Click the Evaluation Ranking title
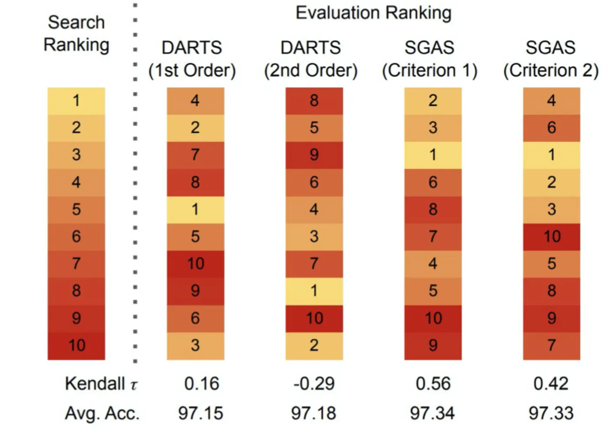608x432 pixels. pyautogui.click(x=373, y=13)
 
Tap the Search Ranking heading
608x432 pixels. pyautogui.click(x=76, y=34)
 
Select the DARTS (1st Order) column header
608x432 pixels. pyautogui.click(x=192, y=59)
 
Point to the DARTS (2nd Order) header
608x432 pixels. pyautogui.click(x=311, y=59)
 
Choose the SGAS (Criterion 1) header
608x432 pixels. pyautogui.click(x=430, y=59)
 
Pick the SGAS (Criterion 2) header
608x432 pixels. pyautogui.click(x=551, y=59)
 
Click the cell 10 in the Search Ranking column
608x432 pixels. pyautogui.click(x=76, y=346)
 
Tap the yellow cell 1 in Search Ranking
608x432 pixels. pyautogui.click(x=76, y=101)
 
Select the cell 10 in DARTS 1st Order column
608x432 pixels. pyautogui.click(x=195, y=264)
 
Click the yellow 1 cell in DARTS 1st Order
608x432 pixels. pyautogui.click(x=195, y=209)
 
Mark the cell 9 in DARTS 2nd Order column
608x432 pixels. pyautogui.click(x=314, y=155)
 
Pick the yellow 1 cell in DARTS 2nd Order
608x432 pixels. pyautogui.click(x=314, y=290)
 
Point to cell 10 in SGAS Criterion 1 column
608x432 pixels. pyautogui.click(x=433, y=318)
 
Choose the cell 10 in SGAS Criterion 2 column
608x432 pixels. pyautogui.click(x=552, y=237)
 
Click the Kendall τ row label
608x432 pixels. pyautogui.click(x=101, y=384)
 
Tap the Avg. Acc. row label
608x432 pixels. pyautogui.click(x=102, y=413)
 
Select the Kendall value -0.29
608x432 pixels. pyautogui.click(x=314, y=384)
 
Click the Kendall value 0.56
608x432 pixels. pyautogui.click(x=433, y=384)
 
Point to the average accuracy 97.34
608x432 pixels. pyautogui.click(x=433, y=413)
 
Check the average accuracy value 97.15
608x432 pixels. pyautogui.click(x=201, y=413)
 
